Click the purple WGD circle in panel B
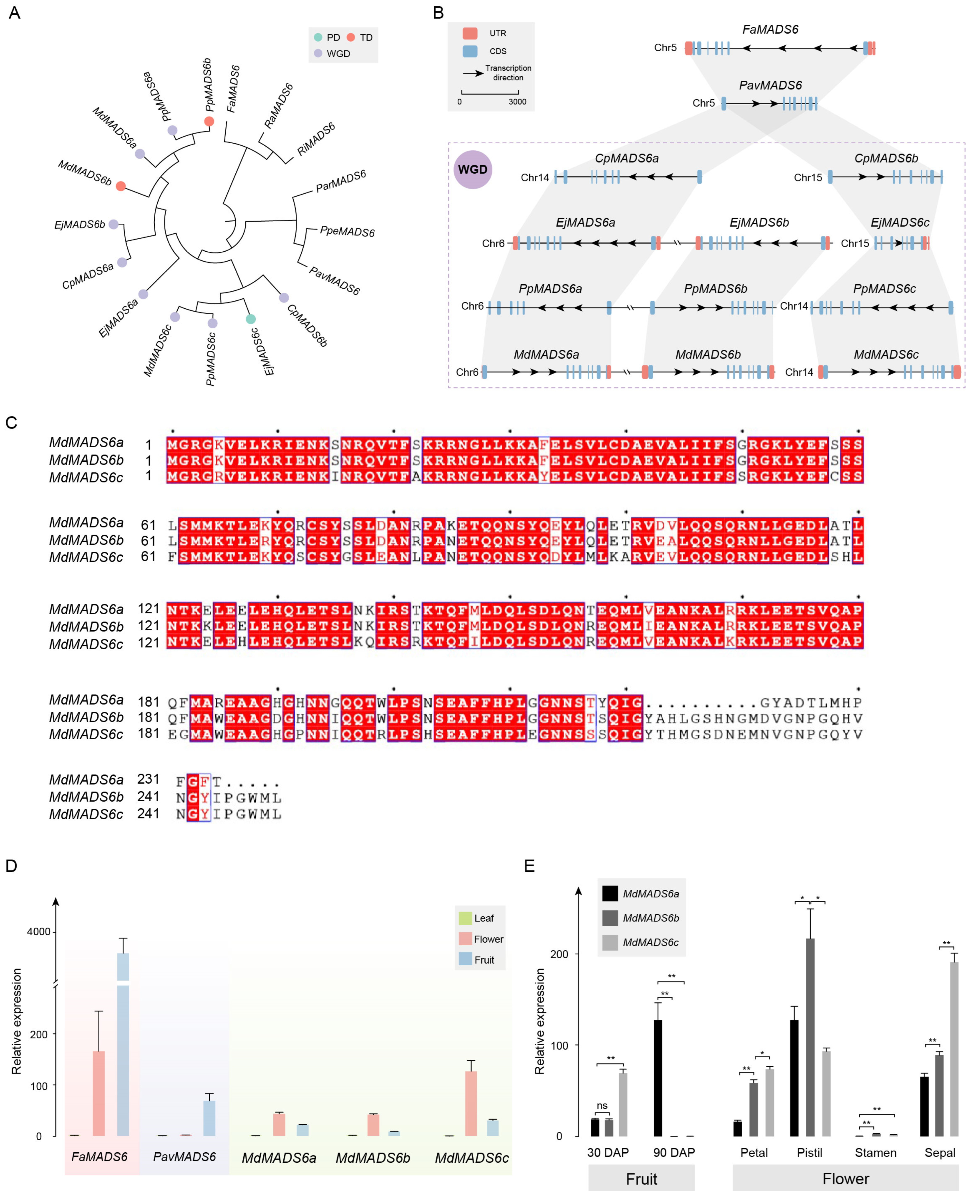tap(473, 169)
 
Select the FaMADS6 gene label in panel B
tap(770, 30)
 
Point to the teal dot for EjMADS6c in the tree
tap(251, 319)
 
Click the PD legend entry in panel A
tap(327, 37)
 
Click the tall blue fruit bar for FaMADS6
tap(123, 1045)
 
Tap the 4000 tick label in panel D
tap(39, 932)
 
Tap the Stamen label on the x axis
tap(876, 1152)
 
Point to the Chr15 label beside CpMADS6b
tap(808, 178)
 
